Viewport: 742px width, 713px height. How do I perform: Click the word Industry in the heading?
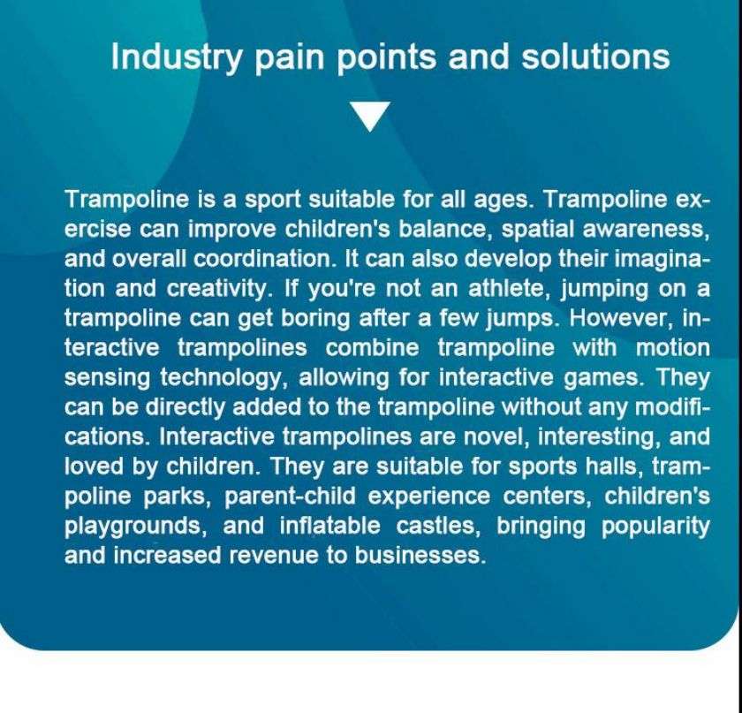[x=177, y=57]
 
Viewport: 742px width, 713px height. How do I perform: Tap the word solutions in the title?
[x=595, y=57]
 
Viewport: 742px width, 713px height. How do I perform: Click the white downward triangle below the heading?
[x=370, y=116]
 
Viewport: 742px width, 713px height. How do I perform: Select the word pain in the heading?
[x=290, y=58]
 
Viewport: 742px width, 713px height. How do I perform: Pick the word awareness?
[x=646, y=229]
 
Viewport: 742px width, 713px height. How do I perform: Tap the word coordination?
[x=264, y=259]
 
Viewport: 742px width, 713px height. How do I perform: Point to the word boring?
[x=315, y=319]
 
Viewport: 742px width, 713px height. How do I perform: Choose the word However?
[x=620, y=319]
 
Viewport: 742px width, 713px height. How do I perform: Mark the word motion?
[x=672, y=348]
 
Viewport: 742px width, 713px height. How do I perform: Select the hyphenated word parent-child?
[x=290, y=497]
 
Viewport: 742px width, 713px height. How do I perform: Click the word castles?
[x=438, y=527]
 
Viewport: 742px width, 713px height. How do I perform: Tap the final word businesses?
[x=420, y=556]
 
